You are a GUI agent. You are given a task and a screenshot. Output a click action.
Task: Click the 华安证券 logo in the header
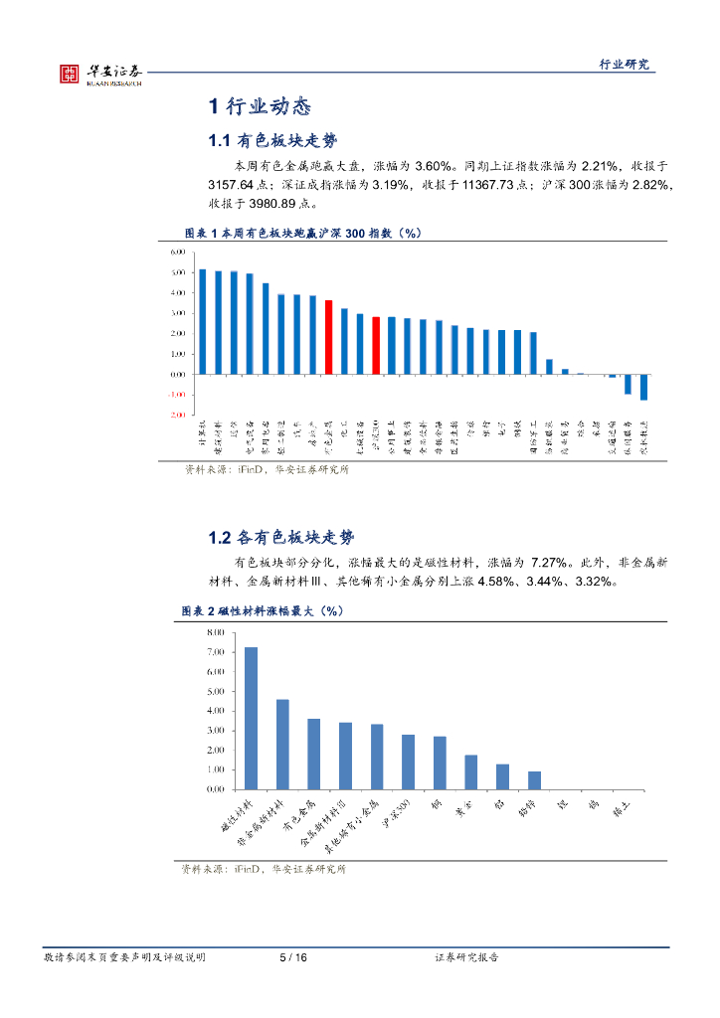coord(99,73)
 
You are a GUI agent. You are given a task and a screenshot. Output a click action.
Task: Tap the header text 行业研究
coord(624,65)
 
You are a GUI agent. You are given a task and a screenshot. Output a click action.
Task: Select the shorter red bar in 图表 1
coord(376,345)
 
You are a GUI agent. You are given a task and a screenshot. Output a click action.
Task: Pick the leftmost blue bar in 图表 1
coord(203,321)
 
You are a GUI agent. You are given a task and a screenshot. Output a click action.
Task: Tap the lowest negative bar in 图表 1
coord(643,387)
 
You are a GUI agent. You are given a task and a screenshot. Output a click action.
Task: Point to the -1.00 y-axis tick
coord(178,394)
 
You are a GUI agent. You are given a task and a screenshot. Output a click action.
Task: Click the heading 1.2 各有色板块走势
coord(281,538)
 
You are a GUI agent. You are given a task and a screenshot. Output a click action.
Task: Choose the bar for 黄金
coord(471,771)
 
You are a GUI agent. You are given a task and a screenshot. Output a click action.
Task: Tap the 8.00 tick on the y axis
coord(215,632)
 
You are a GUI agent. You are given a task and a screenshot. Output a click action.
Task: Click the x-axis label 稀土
coord(619,807)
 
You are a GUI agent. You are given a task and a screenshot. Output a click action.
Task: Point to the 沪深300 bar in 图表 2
coord(408,762)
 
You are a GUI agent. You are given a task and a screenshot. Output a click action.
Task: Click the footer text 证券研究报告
coord(467,957)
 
